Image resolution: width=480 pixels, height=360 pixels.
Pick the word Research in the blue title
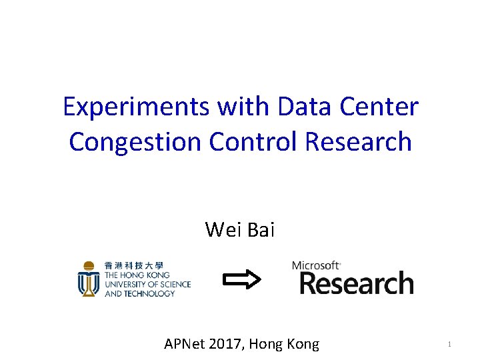(359, 141)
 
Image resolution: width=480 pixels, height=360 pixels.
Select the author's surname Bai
(261, 229)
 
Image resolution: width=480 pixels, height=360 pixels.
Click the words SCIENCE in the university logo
(173, 284)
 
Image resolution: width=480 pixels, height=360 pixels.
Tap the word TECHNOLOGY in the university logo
(151, 293)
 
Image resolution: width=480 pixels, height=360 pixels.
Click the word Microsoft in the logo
(316, 266)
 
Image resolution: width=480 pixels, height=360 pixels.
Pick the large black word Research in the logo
(356, 283)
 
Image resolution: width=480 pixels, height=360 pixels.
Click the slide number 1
(449, 345)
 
